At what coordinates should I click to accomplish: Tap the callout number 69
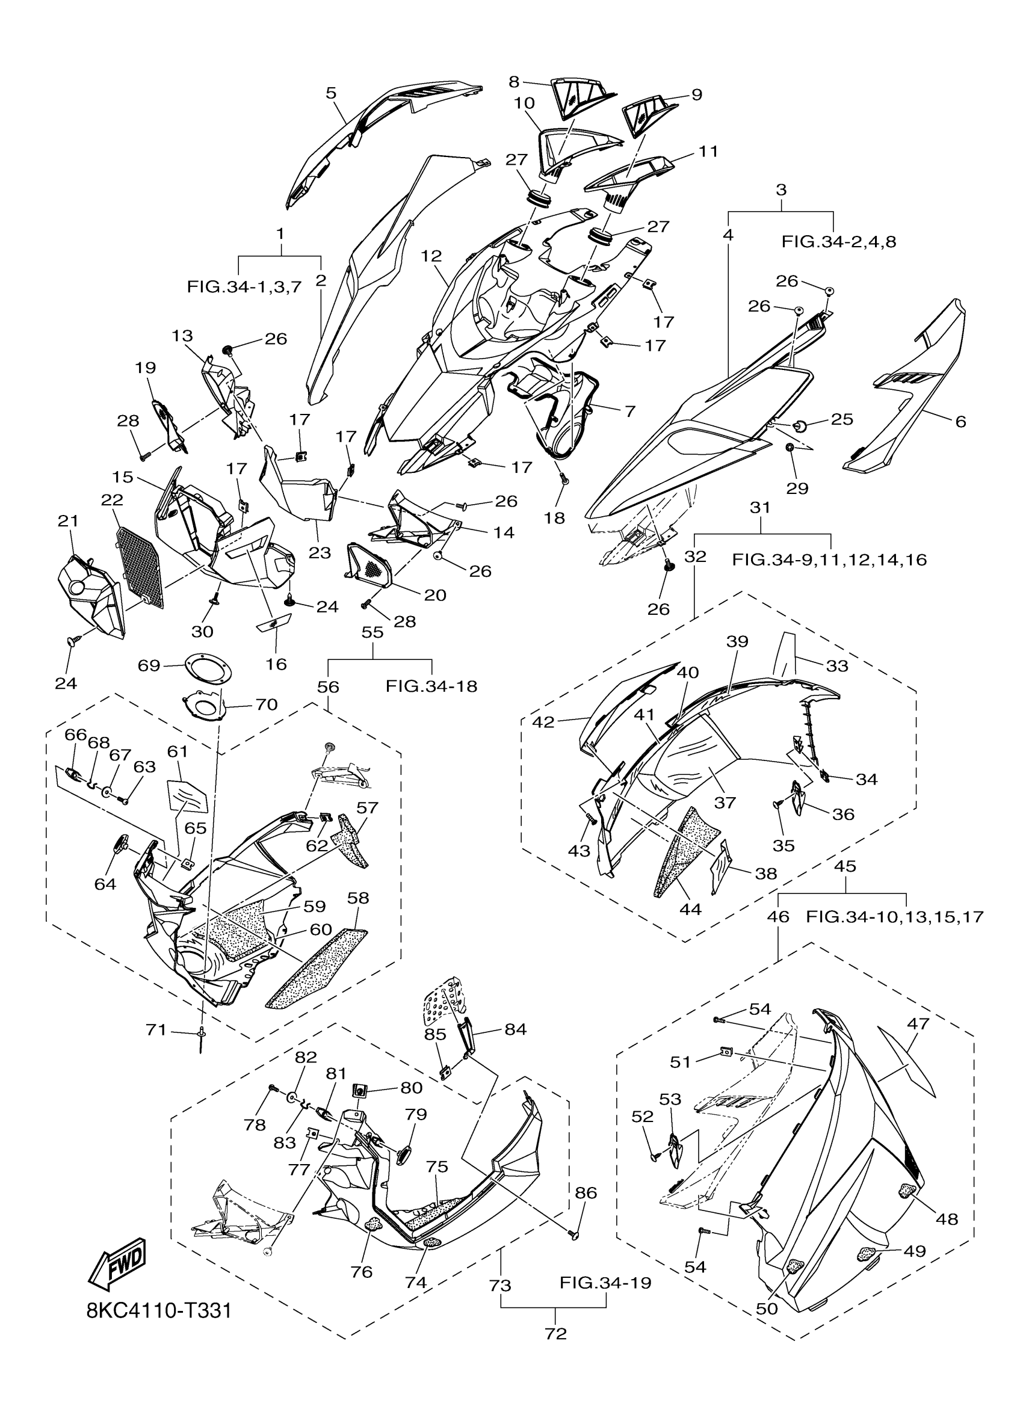(149, 665)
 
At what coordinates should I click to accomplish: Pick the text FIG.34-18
(431, 686)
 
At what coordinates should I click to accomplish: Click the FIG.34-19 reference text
(605, 1283)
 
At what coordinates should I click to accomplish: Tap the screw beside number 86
(574, 1233)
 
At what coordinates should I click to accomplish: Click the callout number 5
(330, 93)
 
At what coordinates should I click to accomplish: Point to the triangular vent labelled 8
(582, 96)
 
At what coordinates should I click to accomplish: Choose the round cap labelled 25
(800, 426)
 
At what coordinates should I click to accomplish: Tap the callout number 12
(431, 256)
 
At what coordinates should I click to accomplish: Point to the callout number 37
(725, 803)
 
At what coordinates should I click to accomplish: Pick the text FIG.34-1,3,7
(244, 287)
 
